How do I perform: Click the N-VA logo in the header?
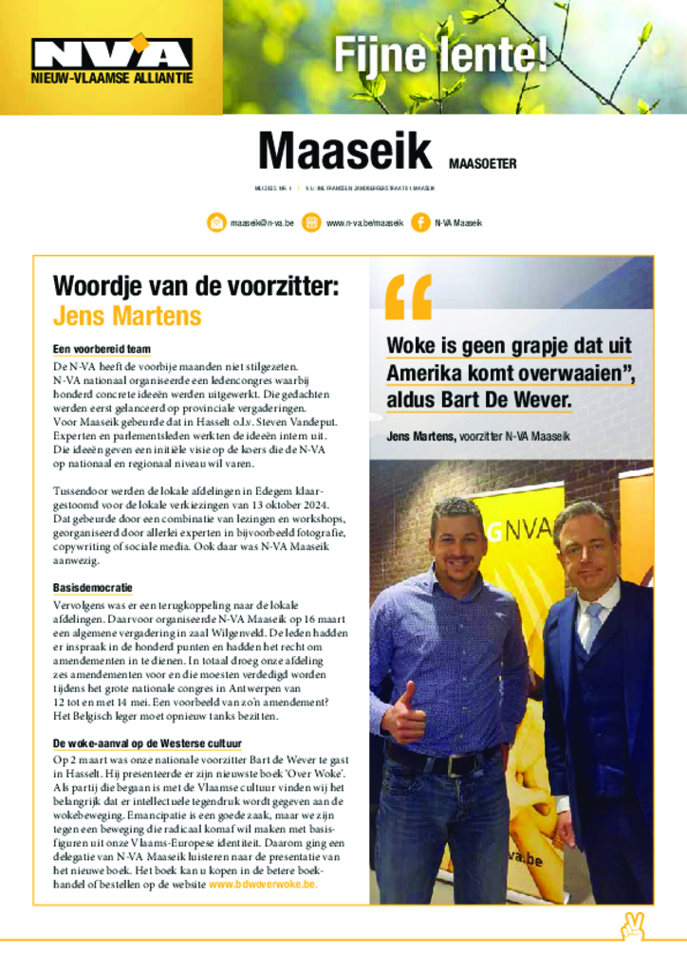pos(111,53)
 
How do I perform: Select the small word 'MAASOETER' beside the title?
pos(482,163)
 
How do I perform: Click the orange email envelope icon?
pos(216,223)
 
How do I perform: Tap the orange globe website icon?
pos(310,223)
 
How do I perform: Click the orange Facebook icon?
pos(420,223)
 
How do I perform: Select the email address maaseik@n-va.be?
pos(262,223)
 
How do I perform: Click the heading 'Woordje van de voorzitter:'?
pos(195,285)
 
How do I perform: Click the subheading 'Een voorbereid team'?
pos(102,349)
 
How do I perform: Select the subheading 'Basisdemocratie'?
pos(92,588)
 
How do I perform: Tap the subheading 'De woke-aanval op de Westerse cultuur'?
pos(147,742)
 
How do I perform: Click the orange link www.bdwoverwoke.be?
pos(263,884)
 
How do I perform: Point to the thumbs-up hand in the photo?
pos(402,711)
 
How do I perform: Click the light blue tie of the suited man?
pos(592,625)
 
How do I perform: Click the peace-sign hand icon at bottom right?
pos(633,926)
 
